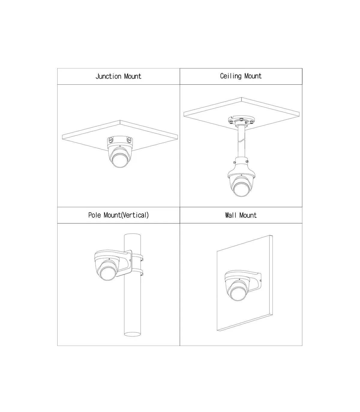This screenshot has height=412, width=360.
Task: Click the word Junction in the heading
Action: (108, 77)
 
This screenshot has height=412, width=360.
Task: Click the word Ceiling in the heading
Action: (231, 76)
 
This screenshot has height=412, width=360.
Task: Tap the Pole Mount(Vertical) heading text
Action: (118, 215)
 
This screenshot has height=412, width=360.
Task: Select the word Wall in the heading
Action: (230, 215)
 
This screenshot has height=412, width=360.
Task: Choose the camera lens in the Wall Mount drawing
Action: (238, 293)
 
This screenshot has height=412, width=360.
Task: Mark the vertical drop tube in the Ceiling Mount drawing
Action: (241, 141)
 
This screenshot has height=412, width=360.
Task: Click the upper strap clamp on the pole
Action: (137, 257)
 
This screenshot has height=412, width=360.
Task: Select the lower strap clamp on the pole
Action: (137, 272)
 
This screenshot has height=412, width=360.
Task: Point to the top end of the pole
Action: (132, 235)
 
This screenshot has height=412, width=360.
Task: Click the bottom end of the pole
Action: (132, 334)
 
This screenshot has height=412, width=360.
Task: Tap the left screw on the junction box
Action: (110, 140)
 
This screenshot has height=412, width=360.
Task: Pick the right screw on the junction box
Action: (129, 140)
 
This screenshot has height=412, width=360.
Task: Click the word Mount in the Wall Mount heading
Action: (248, 215)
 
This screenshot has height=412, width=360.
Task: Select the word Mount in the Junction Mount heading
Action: (133, 77)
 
